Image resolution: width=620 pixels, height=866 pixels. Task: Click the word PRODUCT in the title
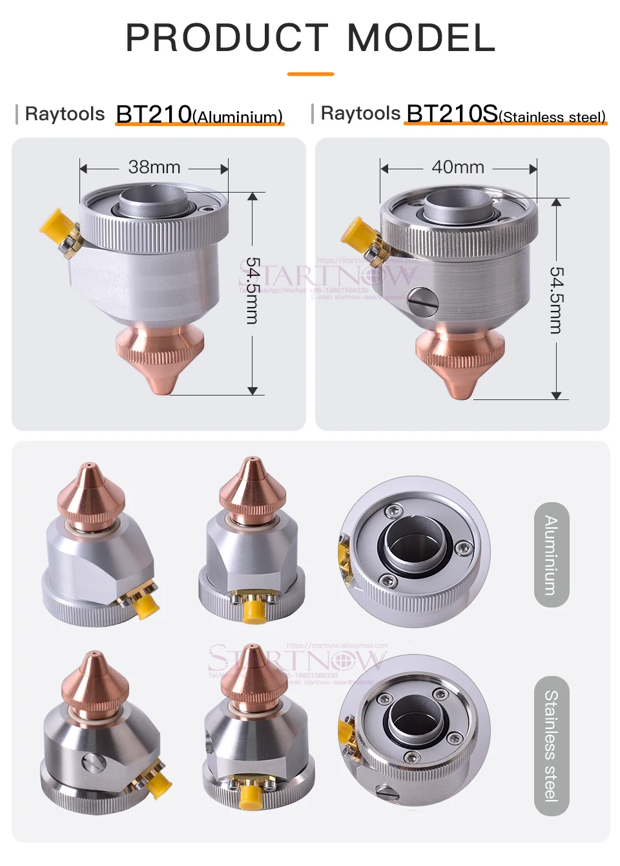227,38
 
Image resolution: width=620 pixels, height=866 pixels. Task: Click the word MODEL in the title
421,38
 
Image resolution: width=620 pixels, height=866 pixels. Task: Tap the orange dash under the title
310,74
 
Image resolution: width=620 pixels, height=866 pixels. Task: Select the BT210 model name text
154,114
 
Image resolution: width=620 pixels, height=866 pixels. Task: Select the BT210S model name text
452,114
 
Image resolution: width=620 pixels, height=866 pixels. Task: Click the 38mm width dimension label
154,167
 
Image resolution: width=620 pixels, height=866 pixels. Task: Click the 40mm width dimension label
458,167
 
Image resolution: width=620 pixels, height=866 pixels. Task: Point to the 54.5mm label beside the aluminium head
253,291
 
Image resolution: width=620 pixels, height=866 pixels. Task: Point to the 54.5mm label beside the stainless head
556,300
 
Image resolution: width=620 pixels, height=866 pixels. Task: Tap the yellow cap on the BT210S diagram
355,231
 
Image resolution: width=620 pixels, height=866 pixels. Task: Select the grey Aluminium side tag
552,554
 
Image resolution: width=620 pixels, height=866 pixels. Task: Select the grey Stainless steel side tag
552,745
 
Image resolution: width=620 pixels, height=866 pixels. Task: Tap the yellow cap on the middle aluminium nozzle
254,611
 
